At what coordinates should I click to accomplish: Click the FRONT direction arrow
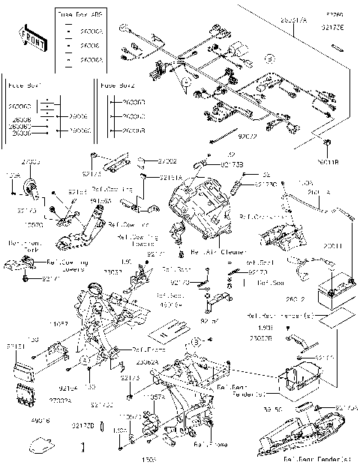(x=29, y=36)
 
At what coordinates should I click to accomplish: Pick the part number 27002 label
(x=168, y=161)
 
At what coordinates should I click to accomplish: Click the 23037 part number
(x=112, y=272)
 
